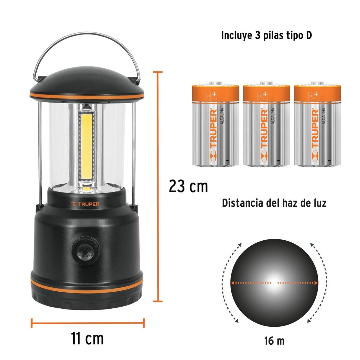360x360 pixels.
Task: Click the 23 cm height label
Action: point(188,187)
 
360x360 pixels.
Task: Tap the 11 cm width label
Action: point(87,338)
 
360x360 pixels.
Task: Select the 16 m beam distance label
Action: point(274,341)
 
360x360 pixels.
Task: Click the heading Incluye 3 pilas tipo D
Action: point(266,35)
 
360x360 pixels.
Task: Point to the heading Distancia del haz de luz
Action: point(274,203)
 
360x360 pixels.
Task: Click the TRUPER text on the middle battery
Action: point(264,129)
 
